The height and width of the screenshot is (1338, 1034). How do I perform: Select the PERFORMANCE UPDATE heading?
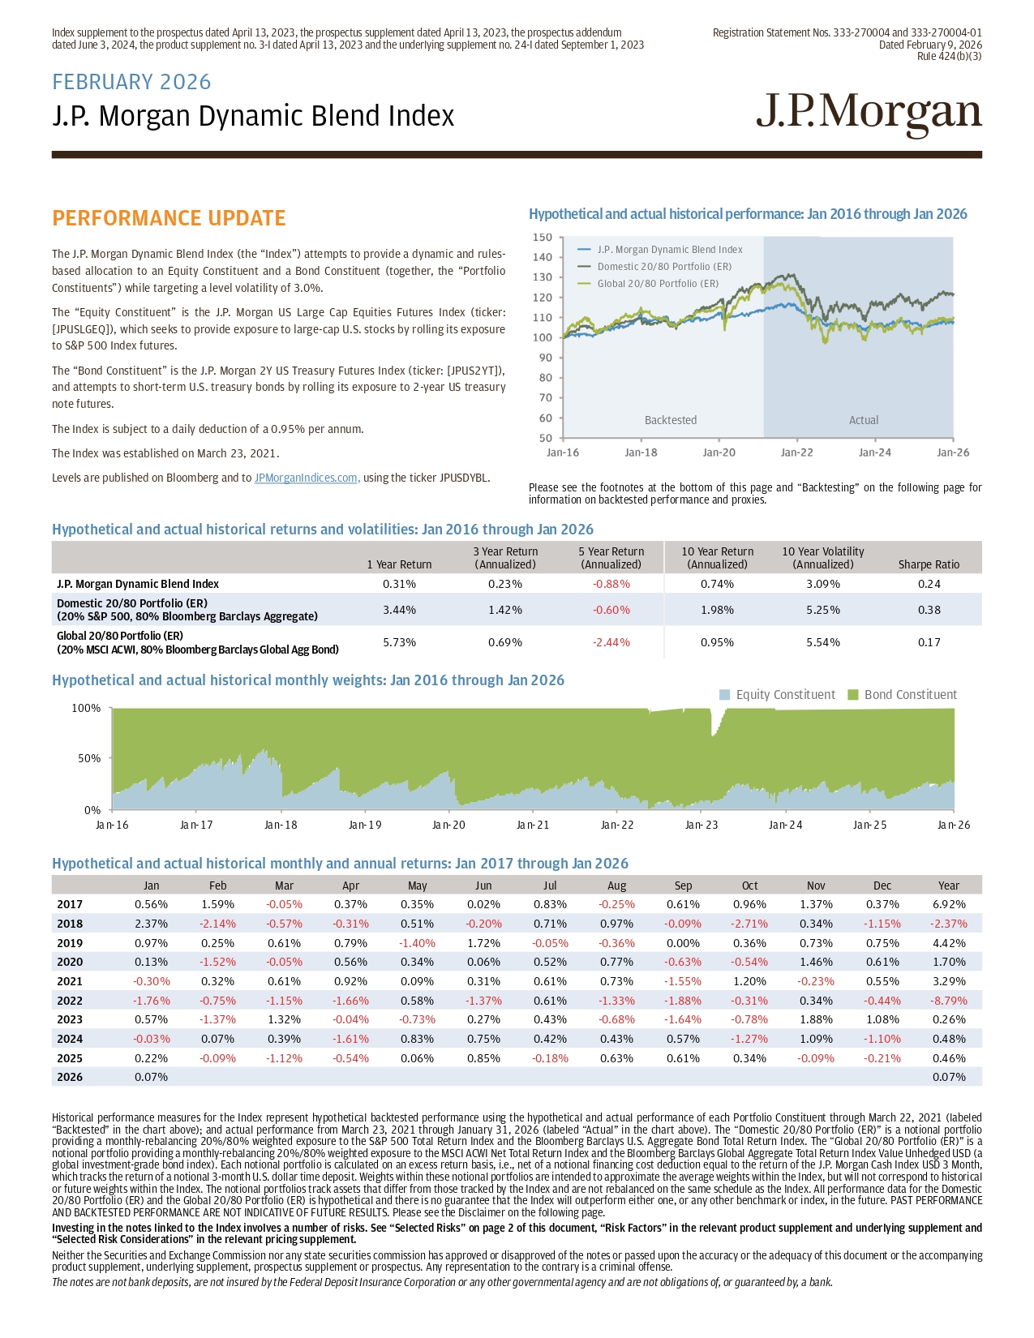[169, 218]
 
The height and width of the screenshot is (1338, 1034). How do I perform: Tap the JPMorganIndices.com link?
[307, 478]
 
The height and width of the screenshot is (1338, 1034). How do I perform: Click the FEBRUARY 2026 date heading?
[131, 82]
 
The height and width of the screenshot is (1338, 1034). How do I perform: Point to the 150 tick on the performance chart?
[542, 238]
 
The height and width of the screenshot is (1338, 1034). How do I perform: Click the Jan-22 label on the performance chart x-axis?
[796, 452]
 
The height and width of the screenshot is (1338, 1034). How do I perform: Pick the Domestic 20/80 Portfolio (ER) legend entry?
[663, 267]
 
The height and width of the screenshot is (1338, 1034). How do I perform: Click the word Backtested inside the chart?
[671, 420]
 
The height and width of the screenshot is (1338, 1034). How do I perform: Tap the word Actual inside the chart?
[864, 420]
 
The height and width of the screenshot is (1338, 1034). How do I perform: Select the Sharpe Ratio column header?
[929, 564]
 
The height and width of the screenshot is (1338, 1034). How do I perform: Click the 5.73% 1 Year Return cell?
[399, 642]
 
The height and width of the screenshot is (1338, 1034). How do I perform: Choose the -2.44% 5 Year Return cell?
[611, 642]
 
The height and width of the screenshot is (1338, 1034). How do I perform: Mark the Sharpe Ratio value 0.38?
[929, 610]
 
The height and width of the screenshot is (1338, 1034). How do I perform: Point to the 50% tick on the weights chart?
[87, 758]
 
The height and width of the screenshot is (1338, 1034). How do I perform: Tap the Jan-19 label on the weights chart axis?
[365, 825]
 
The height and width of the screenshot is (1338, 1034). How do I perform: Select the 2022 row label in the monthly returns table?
[70, 1001]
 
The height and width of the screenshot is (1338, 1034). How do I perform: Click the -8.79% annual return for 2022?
[948, 1001]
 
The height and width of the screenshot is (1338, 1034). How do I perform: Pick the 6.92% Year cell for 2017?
[949, 904]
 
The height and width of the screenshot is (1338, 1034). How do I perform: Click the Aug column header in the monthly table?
[616, 886]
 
